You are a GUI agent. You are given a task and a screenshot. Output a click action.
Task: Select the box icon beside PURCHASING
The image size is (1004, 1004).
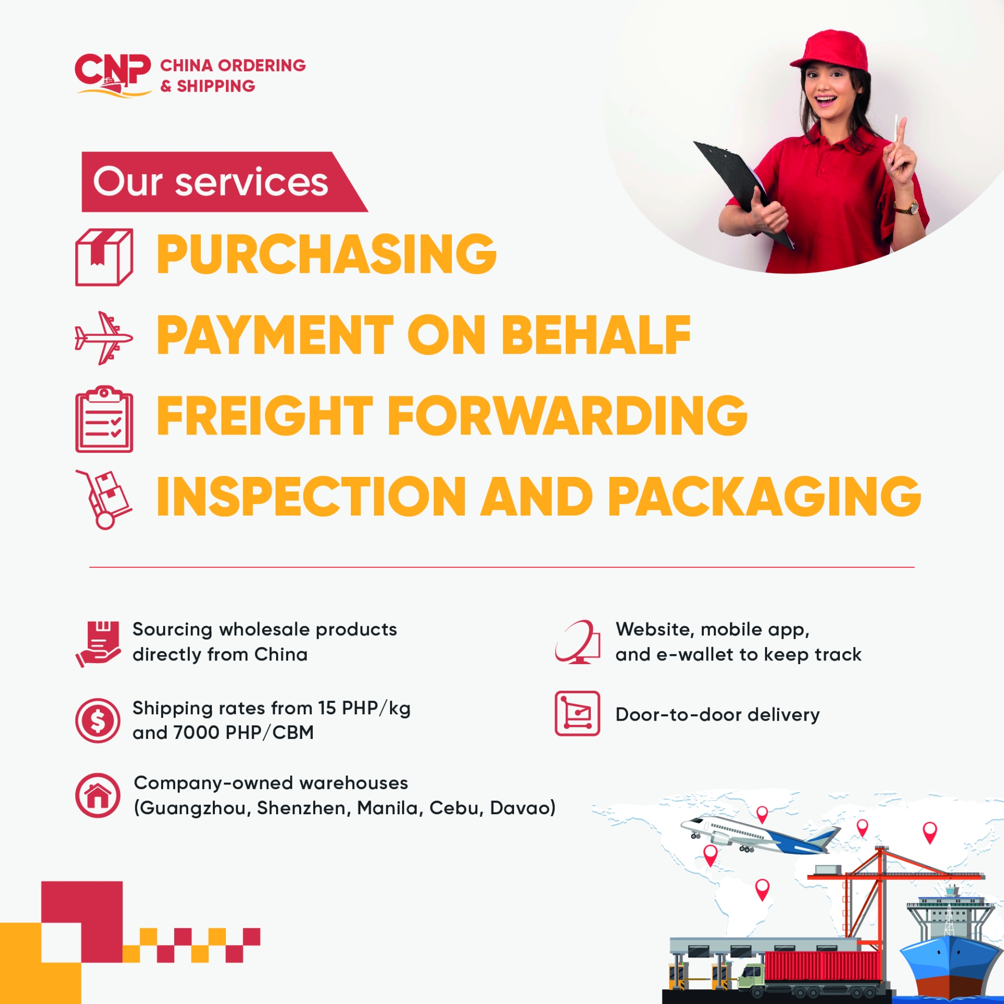[x=104, y=257]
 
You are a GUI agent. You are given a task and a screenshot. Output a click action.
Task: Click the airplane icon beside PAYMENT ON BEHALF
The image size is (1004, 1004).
[x=104, y=337]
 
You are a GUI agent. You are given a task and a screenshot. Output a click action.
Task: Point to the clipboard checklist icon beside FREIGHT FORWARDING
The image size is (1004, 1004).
[x=104, y=419]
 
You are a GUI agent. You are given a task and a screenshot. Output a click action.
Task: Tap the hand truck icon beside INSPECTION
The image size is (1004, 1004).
[x=104, y=499]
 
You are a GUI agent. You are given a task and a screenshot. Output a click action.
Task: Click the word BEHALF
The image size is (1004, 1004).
[x=596, y=335]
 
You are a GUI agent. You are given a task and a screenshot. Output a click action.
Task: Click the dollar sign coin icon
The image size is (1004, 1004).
[x=98, y=721]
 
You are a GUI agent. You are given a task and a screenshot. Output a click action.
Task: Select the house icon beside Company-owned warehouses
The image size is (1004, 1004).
[x=98, y=795]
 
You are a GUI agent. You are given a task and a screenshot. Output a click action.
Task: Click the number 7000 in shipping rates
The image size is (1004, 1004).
[x=197, y=733]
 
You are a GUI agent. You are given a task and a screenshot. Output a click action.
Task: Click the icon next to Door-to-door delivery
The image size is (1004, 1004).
[x=577, y=713]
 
